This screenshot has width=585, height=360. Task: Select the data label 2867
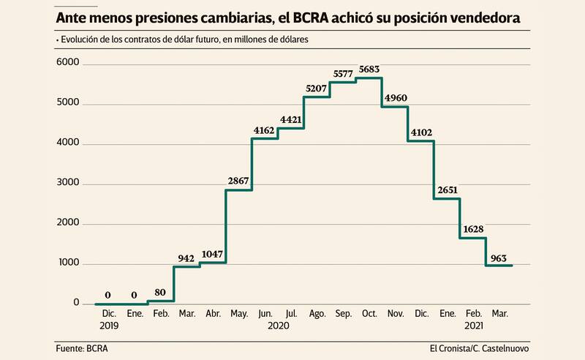point(238,181)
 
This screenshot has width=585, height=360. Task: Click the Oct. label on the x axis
point(369,314)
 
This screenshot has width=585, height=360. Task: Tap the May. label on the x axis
point(238,314)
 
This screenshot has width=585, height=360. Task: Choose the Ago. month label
point(317,314)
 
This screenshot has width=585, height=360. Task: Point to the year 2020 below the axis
point(279,326)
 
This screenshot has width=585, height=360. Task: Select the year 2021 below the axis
point(474,326)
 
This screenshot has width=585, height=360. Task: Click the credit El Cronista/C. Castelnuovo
point(479,348)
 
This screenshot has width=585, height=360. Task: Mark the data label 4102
point(421,132)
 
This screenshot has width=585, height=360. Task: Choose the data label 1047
point(211,254)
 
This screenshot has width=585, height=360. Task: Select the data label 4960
point(395,98)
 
